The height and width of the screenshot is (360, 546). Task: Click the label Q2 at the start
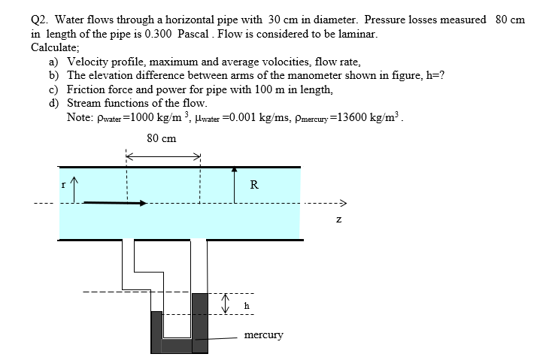(x=40, y=20)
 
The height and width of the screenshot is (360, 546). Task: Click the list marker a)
(x=55, y=62)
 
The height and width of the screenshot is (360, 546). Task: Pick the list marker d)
(x=55, y=102)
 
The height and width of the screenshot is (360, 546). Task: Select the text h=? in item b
(x=432, y=75)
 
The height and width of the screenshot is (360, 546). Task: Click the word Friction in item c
(x=89, y=89)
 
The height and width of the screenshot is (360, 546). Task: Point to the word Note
(x=80, y=117)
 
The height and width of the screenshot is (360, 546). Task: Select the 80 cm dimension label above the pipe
(x=162, y=138)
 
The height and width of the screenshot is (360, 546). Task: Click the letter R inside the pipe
(x=254, y=185)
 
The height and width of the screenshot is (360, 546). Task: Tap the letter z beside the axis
(x=339, y=219)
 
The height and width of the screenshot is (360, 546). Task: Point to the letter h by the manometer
(x=247, y=306)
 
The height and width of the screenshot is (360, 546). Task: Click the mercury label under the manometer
(x=263, y=334)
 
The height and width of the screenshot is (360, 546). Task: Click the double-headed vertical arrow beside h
(x=223, y=304)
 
